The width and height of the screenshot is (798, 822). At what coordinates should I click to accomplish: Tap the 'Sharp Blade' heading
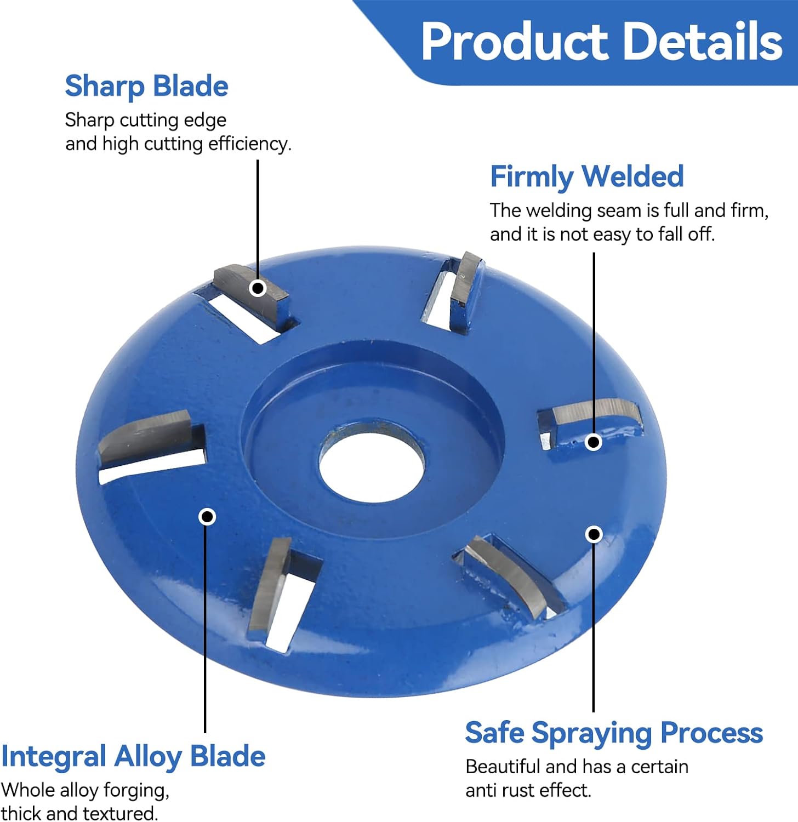146,87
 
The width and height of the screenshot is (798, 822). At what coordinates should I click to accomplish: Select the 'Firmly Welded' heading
587,176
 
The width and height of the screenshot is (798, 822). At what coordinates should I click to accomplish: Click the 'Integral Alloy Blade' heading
133,757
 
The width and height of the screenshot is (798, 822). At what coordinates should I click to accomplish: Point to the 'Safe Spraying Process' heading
614,733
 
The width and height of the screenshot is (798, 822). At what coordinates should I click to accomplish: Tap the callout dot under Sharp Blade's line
258,288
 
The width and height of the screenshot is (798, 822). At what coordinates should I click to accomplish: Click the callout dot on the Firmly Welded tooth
594,442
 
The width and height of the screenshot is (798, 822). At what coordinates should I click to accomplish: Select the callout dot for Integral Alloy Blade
207,516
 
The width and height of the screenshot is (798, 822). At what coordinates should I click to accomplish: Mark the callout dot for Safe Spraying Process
594,534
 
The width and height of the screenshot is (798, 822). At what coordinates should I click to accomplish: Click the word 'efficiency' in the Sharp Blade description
249,144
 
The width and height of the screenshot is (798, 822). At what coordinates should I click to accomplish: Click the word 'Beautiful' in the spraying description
503,766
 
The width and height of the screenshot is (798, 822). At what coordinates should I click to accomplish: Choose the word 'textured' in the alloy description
120,813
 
